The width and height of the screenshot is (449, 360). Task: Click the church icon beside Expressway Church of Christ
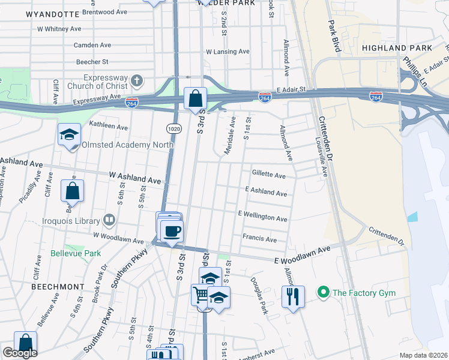click(137, 80)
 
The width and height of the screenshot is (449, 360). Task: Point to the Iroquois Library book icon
click(109, 220)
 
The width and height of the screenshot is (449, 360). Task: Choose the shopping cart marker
click(200, 295)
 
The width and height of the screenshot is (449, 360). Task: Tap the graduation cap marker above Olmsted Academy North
click(69, 134)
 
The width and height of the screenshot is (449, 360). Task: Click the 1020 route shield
click(173, 129)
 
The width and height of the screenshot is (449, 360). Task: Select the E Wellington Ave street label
click(262, 215)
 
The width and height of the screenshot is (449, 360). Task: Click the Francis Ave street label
click(259, 238)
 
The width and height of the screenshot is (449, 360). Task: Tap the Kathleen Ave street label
click(108, 127)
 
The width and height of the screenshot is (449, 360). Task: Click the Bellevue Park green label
click(76, 253)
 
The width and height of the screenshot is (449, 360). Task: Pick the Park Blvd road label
click(334, 37)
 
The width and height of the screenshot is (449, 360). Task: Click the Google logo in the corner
click(19, 353)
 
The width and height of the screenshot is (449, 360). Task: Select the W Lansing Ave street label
click(228, 52)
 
